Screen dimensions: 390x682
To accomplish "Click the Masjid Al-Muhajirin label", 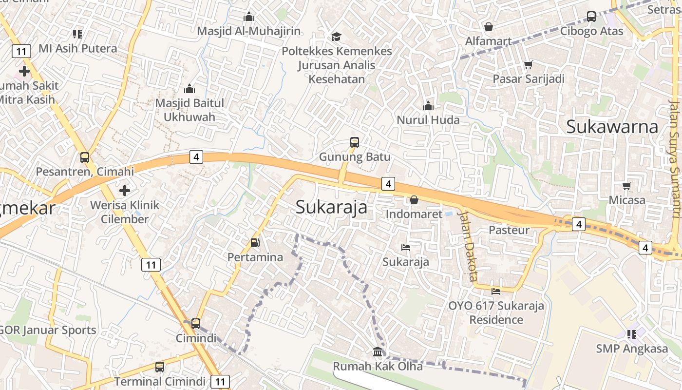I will click(x=249, y=31).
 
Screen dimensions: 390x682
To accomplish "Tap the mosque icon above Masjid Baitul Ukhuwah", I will click(x=189, y=89).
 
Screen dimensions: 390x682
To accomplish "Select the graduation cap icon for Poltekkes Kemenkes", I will click(x=336, y=37).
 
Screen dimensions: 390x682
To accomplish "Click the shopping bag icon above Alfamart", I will click(x=488, y=27).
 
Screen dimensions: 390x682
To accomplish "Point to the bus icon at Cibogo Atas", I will click(x=591, y=17).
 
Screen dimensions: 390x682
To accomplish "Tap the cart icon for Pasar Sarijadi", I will click(x=529, y=64).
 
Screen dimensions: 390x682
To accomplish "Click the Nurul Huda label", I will click(x=428, y=120).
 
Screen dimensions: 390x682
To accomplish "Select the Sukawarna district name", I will click(x=612, y=127).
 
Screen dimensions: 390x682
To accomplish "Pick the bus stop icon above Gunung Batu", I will click(x=355, y=142).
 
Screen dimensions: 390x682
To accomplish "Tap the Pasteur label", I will click(x=509, y=230).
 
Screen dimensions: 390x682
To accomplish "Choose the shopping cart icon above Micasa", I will click(x=627, y=186).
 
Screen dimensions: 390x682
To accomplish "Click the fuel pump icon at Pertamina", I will click(x=255, y=242).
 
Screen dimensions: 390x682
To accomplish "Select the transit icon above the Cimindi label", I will click(x=196, y=323).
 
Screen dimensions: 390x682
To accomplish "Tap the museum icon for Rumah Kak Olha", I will click(x=378, y=351).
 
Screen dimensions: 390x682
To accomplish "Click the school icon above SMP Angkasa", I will click(x=632, y=334).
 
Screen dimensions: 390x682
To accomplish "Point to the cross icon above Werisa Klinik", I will click(x=125, y=190).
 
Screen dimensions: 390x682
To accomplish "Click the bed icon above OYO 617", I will click(x=496, y=291).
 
